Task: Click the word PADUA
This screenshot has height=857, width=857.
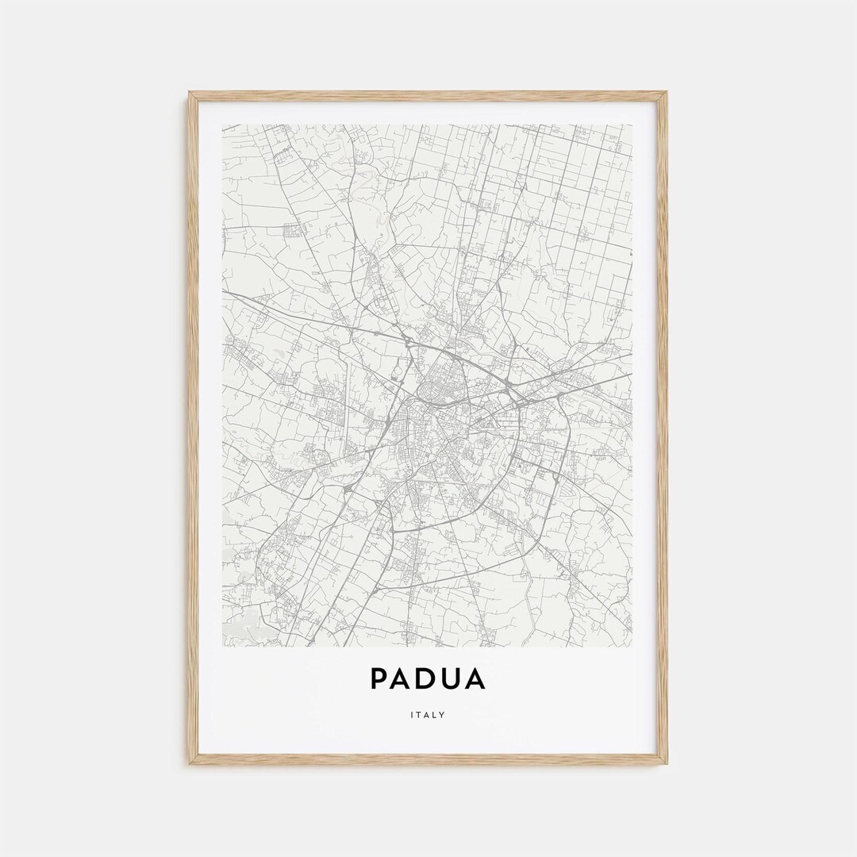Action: [x=428, y=679]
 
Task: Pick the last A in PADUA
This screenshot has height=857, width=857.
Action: [x=476, y=679]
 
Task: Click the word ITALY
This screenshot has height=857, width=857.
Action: [x=428, y=715]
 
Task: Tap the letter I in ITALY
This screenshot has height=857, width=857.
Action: [x=413, y=715]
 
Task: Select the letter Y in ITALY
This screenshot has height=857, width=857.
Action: [x=443, y=715]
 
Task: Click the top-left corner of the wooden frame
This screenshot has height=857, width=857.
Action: [x=189, y=93]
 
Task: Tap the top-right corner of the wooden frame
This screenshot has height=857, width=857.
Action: [x=667, y=93]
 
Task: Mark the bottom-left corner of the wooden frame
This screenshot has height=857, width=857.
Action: [x=189, y=763]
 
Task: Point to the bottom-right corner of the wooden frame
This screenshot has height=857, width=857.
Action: [x=667, y=763]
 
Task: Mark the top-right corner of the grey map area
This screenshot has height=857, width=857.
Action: [x=632, y=125]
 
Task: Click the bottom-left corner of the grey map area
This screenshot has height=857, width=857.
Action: [x=223, y=646]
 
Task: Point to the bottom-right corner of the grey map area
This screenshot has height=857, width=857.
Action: [x=632, y=646]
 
